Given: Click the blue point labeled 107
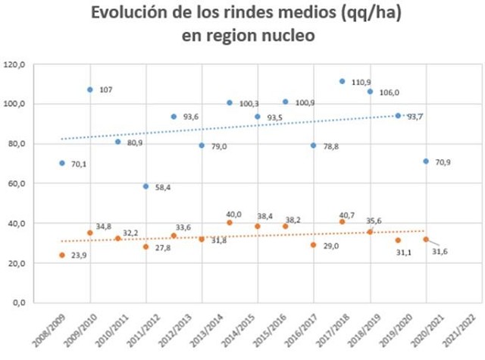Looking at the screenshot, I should (90, 89).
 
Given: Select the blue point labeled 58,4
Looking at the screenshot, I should (145, 186).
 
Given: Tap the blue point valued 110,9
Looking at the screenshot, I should (342, 81).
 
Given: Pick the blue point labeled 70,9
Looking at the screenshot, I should (426, 161).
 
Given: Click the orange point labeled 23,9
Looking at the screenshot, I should (62, 255).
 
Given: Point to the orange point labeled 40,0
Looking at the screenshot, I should (230, 223).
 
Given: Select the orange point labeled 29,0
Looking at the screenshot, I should (314, 245).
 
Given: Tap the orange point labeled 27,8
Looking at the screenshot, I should (145, 247).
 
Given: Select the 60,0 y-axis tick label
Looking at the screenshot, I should (37, 183).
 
